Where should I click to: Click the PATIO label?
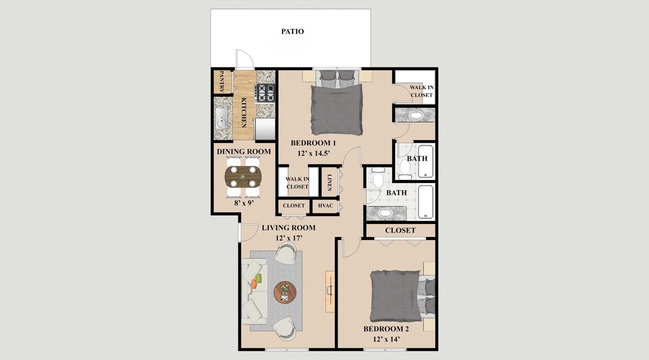tap(292, 31)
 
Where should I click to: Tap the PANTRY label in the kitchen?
tap(222, 82)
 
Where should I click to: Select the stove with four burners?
tap(265, 93)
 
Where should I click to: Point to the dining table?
tap(243, 177)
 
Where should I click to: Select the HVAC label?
tap(326, 206)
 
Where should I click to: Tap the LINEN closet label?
tap(330, 181)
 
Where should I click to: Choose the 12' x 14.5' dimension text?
tap(313, 153)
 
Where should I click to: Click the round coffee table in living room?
tap(285, 291)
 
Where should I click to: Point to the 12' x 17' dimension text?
tap(288, 238)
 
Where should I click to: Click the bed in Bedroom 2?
tap(397, 296)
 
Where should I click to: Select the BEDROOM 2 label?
tap(386, 329)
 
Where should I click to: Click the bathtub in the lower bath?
tap(426, 202)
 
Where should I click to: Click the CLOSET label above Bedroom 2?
tap(400, 230)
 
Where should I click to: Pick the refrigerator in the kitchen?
tap(265, 128)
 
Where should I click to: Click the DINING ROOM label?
tap(244, 152)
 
